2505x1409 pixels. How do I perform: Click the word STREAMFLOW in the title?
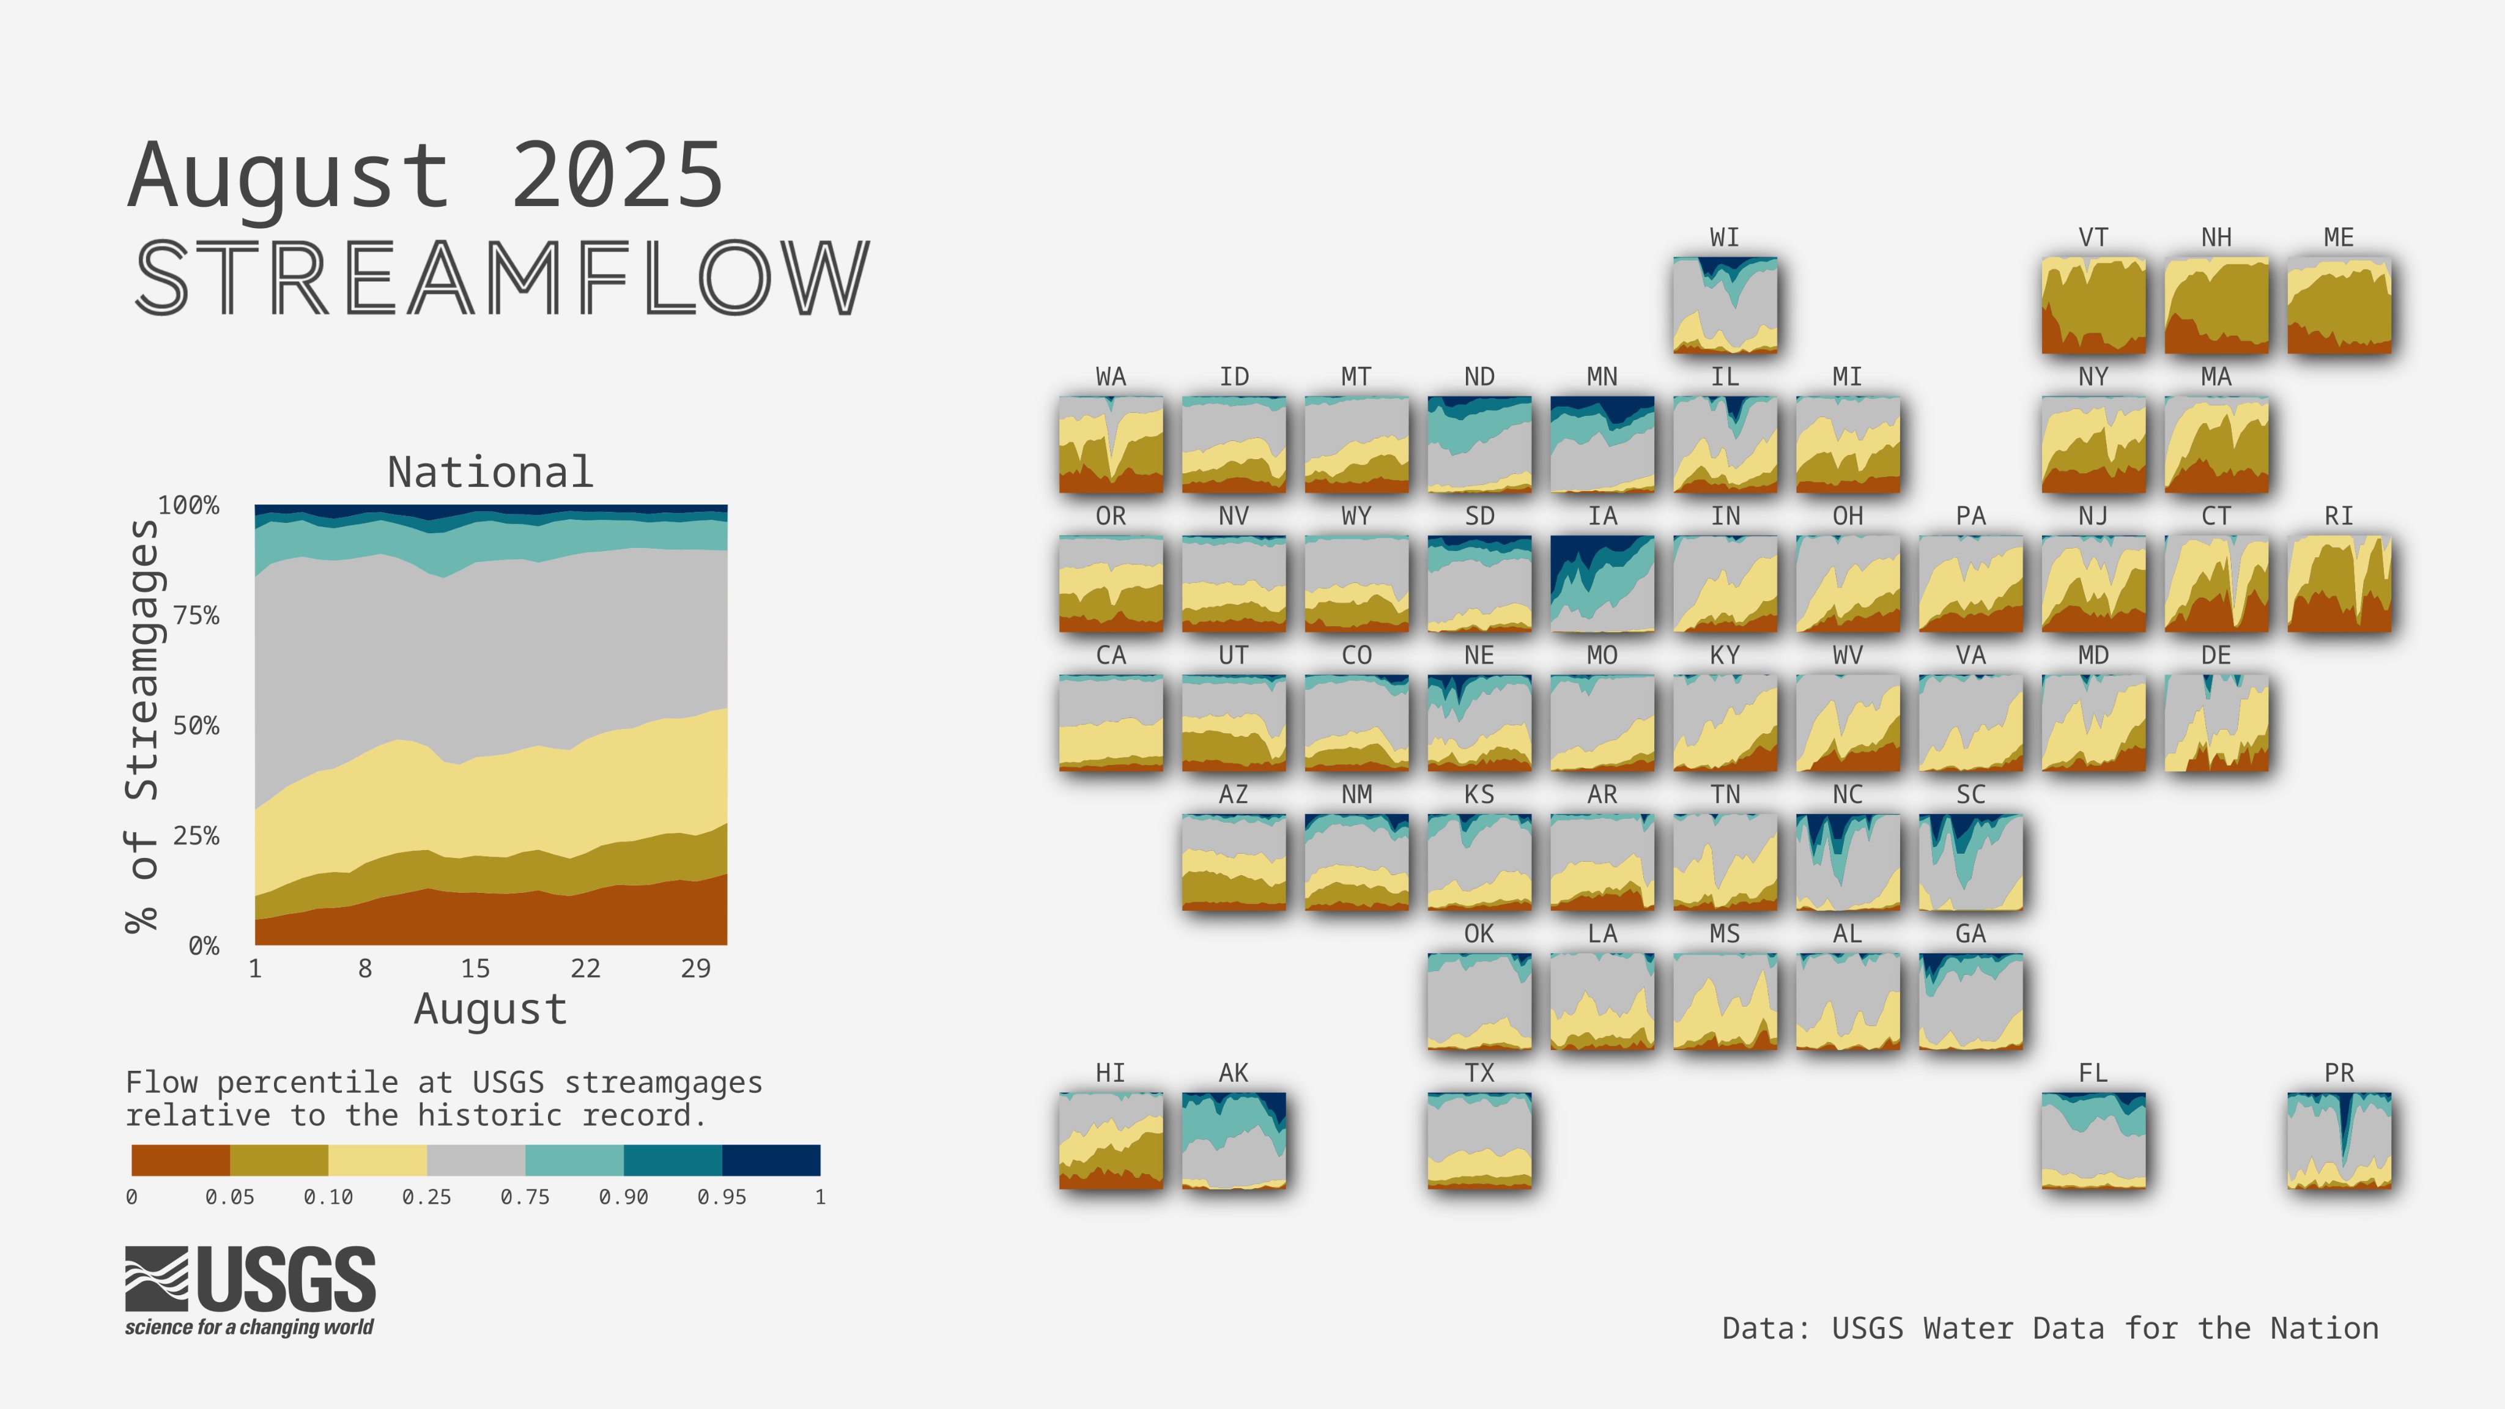click(x=501, y=278)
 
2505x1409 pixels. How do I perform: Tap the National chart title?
click(x=490, y=473)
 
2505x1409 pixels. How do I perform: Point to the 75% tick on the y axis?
click(x=196, y=616)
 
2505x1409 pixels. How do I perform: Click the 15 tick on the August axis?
click(x=475, y=969)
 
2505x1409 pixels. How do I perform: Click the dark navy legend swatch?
click(x=771, y=1160)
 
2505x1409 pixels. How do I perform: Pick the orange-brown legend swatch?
click(x=181, y=1160)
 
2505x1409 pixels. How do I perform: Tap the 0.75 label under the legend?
click(x=525, y=1197)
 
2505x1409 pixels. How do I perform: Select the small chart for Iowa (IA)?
click(x=1602, y=583)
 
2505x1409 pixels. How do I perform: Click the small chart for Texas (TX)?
click(x=1479, y=1141)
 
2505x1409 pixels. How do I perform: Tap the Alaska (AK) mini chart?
click(x=1233, y=1141)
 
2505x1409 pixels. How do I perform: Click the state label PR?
click(x=2339, y=1073)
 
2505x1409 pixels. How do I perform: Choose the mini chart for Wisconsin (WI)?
click(x=1725, y=305)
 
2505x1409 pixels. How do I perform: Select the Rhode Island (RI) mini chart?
click(x=2339, y=583)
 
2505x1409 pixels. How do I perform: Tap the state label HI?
click(x=1111, y=1073)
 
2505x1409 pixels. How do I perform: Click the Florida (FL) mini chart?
click(x=2093, y=1141)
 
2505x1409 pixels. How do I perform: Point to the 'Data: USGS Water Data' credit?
click(x=2050, y=1328)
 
